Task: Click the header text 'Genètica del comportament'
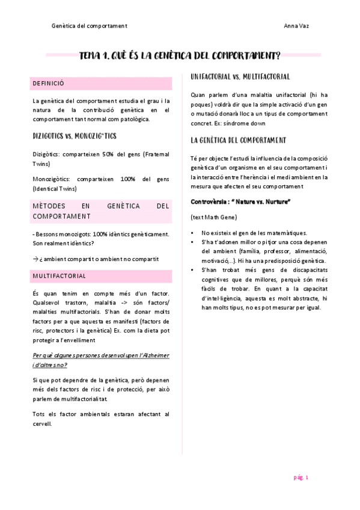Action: coord(89,26)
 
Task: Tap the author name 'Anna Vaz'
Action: coord(296,26)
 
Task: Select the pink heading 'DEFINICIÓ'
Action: coord(49,83)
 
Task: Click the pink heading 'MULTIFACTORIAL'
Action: coord(59,275)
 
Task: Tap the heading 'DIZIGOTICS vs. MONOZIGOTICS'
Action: coord(75,136)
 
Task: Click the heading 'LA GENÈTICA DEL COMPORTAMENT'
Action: coord(238,140)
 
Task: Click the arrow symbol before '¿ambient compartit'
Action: coord(35,259)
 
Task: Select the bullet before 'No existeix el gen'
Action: coord(193,233)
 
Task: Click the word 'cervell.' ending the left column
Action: coord(43,423)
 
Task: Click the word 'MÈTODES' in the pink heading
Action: coord(50,206)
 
